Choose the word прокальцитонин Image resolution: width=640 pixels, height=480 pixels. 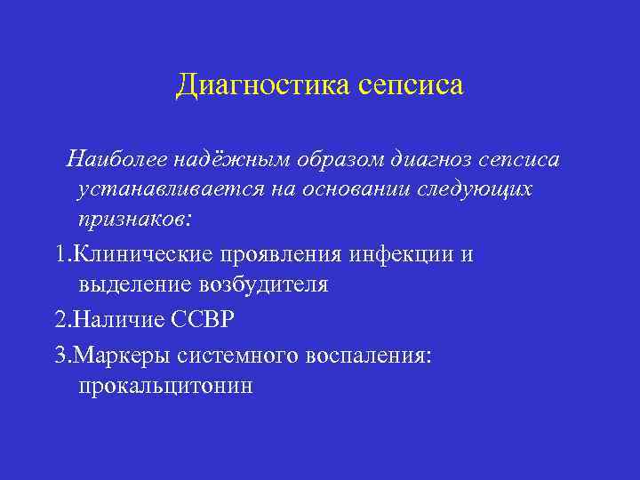(165, 387)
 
